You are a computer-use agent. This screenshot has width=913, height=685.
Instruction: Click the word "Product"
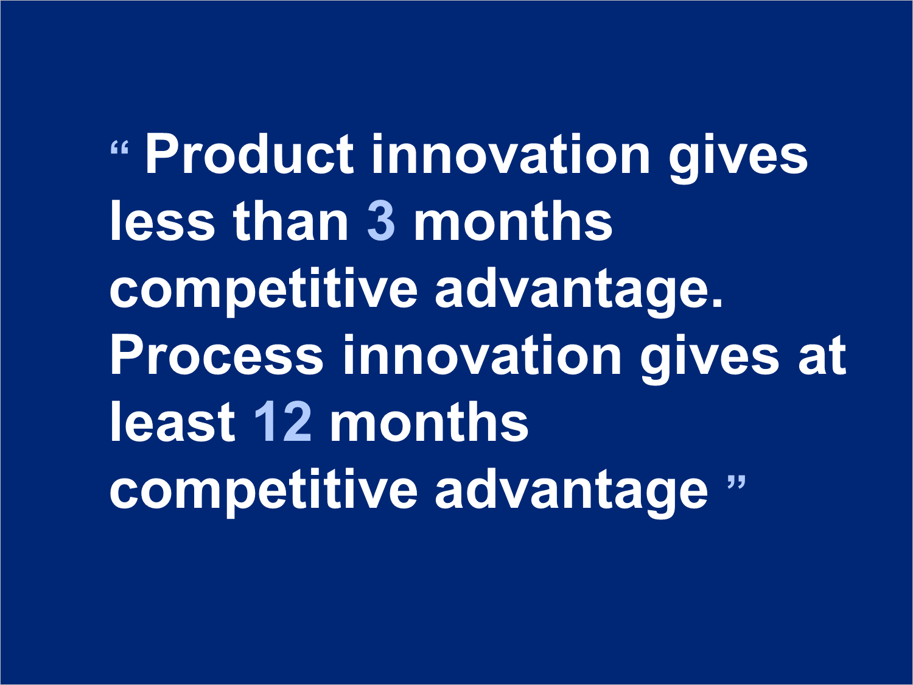click(250, 154)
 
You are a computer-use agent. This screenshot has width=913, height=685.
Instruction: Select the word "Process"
click(217, 355)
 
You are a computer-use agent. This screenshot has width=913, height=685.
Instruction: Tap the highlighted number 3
click(381, 221)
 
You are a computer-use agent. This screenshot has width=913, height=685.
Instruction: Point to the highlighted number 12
click(283, 422)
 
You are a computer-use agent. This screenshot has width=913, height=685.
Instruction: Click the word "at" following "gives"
click(822, 356)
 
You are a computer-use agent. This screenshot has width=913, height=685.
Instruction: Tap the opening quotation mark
click(119, 147)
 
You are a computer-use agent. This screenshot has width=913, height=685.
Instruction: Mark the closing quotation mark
click(736, 482)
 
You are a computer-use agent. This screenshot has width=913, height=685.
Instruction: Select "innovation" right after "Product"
click(511, 154)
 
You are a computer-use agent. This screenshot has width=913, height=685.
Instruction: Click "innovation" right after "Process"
click(481, 355)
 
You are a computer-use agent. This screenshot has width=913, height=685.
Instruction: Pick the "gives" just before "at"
click(710, 359)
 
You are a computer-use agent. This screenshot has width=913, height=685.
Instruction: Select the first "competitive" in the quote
click(264, 292)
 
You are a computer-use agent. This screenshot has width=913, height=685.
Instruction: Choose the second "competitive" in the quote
click(264, 493)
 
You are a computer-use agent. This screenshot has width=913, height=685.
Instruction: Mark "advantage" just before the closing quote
click(572, 493)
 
